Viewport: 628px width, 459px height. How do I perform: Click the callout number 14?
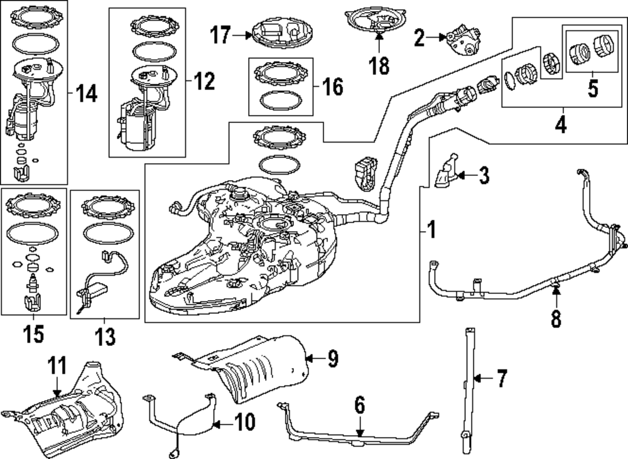[86, 94]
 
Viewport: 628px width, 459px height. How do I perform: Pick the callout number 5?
[593, 89]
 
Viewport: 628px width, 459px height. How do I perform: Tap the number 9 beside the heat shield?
[332, 359]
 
